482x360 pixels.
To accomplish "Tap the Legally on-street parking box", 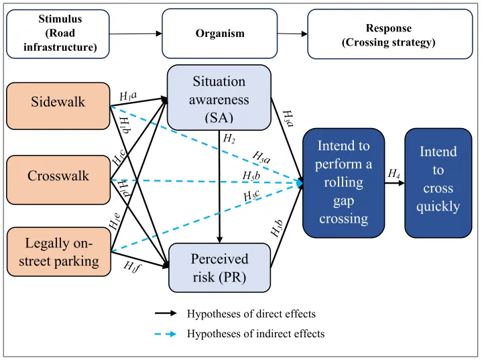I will pyautogui.click(x=58, y=251).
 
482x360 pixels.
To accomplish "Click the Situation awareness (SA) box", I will pyautogui.click(x=219, y=98).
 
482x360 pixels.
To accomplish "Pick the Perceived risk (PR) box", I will pyautogui.click(x=219, y=267).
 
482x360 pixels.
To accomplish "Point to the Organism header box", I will pyautogui.click(x=219, y=33).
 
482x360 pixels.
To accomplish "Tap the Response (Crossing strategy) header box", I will pyautogui.click(x=388, y=33).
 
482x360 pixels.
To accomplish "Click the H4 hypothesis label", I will pyautogui.click(x=394, y=174).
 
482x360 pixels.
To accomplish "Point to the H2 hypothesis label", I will pyautogui.click(x=229, y=139).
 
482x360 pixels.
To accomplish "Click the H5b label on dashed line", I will pyautogui.click(x=252, y=176).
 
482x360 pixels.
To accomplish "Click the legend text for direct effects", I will pyautogui.click(x=251, y=313).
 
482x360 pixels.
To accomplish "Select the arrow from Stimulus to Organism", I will pyautogui.click(x=137, y=33).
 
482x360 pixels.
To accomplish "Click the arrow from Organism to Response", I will pyautogui.click(x=292, y=33).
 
